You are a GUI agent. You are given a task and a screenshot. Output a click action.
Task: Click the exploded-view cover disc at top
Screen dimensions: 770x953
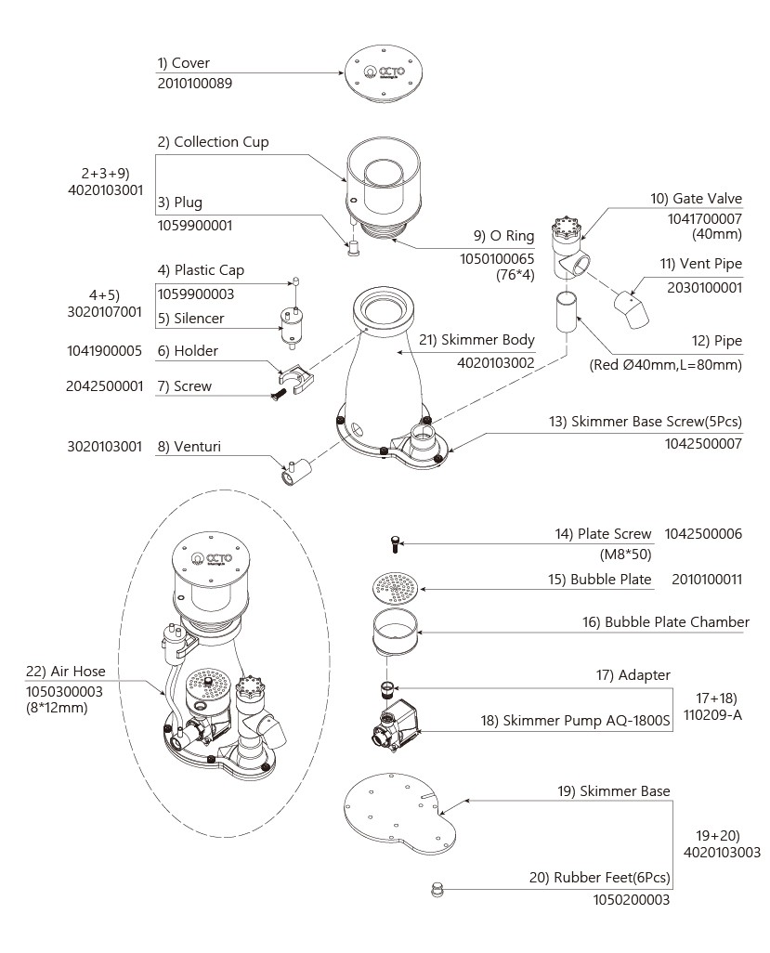coord(383,73)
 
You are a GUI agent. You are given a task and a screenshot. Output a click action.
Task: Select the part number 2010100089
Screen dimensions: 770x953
coord(194,84)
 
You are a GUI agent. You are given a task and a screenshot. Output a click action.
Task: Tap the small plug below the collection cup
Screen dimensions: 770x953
coord(353,247)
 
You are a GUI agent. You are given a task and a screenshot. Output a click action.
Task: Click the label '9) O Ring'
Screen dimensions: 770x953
coord(503,236)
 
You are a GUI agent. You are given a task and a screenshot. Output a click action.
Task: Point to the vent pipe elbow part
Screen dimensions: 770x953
coord(632,309)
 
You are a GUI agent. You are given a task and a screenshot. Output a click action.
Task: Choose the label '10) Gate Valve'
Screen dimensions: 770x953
coord(696,199)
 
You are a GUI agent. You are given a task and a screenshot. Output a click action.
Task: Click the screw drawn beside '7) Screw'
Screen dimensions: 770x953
coord(279,394)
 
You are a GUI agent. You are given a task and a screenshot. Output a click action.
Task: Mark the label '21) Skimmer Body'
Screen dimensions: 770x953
coord(476,340)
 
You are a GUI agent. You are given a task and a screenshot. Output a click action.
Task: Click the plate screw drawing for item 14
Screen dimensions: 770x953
coord(396,543)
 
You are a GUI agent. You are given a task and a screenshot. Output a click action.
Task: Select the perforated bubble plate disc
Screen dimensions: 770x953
coord(395,588)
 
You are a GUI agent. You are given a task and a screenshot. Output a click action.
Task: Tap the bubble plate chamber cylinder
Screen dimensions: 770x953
coord(395,633)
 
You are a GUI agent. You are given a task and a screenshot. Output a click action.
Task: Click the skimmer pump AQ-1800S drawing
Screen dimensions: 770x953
coord(394,724)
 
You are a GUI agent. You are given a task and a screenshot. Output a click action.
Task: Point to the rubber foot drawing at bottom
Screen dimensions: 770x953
coord(437,891)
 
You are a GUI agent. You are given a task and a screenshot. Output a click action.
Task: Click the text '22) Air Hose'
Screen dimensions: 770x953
coord(66,672)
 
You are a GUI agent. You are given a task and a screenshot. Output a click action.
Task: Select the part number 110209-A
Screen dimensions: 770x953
coord(712,715)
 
